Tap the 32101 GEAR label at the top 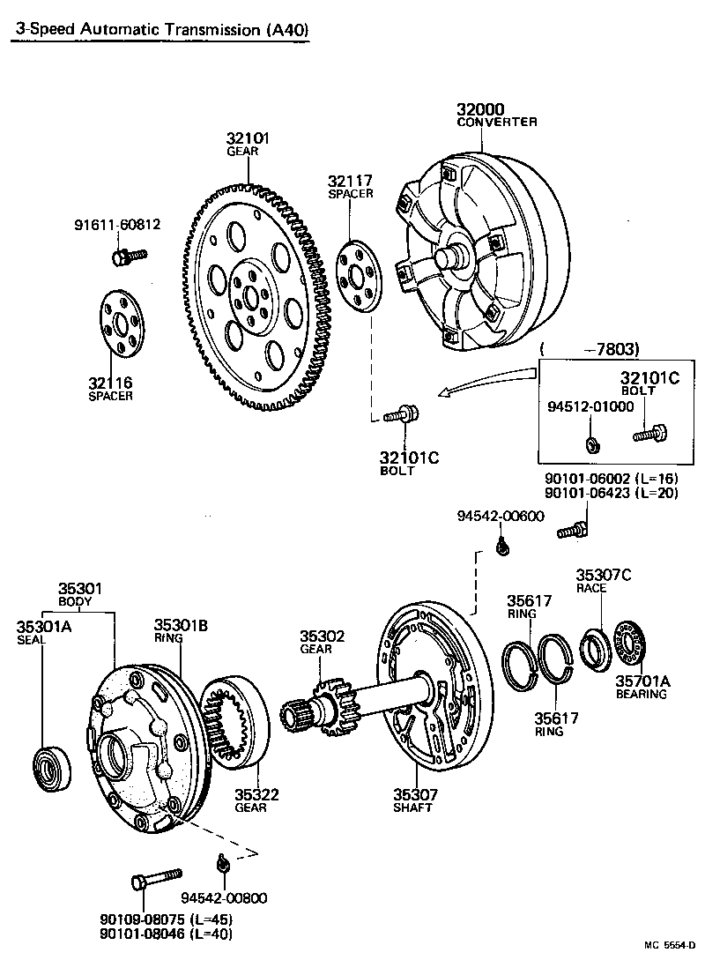coord(248,139)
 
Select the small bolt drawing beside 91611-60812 coord(128,256)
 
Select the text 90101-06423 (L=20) coord(611,493)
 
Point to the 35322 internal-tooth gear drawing coord(235,720)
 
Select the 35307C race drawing coord(596,645)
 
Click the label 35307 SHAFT coord(415,800)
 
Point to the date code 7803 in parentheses coord(617,348)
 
